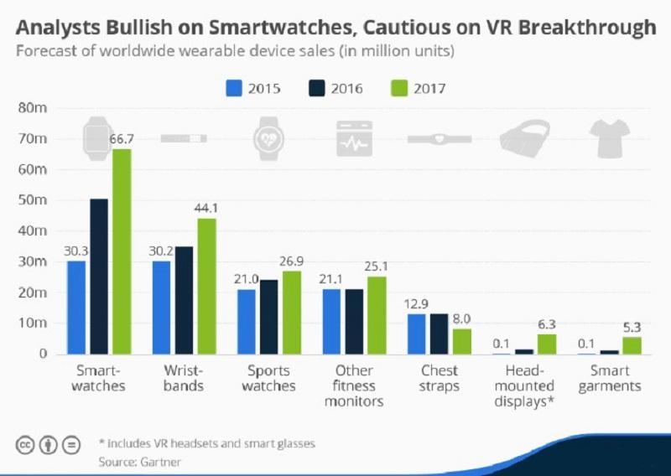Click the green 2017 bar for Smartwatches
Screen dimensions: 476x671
tap(122, 251)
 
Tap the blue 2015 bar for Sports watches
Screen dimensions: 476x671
tap(247, 322)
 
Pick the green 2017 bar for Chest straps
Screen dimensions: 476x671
tap(461, 341)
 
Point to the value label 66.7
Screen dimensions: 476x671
tap(122, 138)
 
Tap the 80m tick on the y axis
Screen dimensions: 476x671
tap(34, 108)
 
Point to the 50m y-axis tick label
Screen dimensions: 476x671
tap(34, 200)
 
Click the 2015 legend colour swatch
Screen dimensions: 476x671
tap(233, 88)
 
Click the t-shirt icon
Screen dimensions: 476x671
tap(610, 137)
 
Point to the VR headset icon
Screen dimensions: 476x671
tap(524, 137)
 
